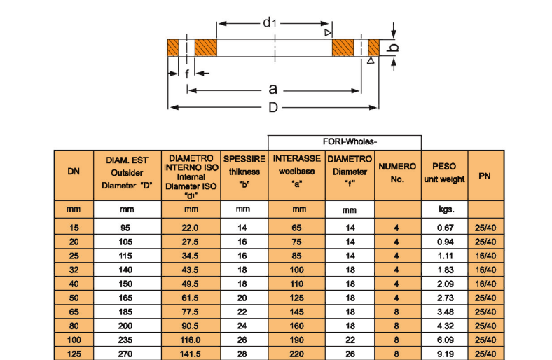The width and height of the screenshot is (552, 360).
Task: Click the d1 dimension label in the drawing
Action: coord(270,22)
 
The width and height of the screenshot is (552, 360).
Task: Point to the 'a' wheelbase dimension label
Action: coord(273,89)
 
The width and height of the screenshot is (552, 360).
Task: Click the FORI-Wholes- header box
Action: coord(344,142)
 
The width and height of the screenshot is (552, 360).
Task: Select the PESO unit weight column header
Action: coord(444,173)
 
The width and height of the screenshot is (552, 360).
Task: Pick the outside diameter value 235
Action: coord(127,339)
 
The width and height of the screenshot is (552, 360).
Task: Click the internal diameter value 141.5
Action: coord(191,354)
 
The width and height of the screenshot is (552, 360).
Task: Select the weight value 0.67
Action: coord(446,228)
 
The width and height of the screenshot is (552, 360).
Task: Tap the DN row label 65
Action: coord(74,311)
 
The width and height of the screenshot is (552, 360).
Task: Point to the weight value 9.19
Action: coord(446,354)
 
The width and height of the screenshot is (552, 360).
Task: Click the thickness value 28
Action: coord(242,354)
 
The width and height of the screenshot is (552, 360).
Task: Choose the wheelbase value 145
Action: coord(296,311)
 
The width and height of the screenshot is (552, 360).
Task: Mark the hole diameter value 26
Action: coord(350,354)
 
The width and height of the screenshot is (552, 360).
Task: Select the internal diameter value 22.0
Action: coord(191,228)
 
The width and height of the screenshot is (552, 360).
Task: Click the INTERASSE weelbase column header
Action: coord(296,171)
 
